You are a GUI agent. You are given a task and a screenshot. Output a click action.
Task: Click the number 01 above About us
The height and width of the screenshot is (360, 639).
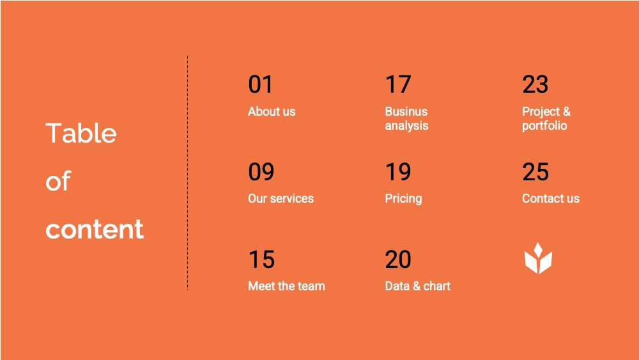pyautogui.click(x=261, y=84)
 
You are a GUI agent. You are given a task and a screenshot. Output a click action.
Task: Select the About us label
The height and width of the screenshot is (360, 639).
pyautogui.click(x=272, y=111)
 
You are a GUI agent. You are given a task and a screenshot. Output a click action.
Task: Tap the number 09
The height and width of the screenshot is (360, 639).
pyautogui.click(x=261, y=171)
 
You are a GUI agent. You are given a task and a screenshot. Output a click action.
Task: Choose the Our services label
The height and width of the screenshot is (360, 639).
pyautogui.click(x=281, y=199)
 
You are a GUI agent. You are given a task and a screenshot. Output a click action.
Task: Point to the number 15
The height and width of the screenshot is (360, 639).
pyautogui.click(x=261, y=260)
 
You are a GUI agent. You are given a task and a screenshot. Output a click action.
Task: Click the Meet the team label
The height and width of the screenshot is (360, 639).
pyautogui.click(x=286, y=286)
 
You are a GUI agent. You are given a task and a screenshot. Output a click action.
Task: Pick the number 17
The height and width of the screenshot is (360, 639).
pyautogui.click(x=398, y=84)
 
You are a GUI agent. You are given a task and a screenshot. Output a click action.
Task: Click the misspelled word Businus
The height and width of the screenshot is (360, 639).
pyautogui.click(x=406, y=111)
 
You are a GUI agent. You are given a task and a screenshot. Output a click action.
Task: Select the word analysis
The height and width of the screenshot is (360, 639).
pyautogui.click(x=406, y=125)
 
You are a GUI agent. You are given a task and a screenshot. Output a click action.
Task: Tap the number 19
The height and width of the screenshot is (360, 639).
pyautogui.click(x=398, y=171)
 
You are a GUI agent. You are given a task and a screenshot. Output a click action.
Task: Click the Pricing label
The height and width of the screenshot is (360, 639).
pyautogui.click(x=403, y=199)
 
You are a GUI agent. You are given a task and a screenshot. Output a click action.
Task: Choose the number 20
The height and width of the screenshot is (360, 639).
pyautogui.click(x=398, y=260)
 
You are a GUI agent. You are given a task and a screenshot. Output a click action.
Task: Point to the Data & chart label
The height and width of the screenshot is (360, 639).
pyautogui.click(x=418, y=286)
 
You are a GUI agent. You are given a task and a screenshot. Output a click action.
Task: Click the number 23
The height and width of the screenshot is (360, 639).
pyautogui.click(x=535, y=84)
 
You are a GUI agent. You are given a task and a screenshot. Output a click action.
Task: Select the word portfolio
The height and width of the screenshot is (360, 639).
pyautogui.click(x=544, y=125)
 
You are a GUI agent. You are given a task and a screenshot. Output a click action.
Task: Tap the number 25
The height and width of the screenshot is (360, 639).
pyautogui.click(x=535, y=171)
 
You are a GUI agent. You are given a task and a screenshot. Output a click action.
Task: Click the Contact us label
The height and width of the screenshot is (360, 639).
pyautogui.click(x=551, y=199)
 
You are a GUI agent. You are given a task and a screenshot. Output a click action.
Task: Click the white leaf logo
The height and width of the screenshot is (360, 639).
pyautogui.click(x=538, y=258)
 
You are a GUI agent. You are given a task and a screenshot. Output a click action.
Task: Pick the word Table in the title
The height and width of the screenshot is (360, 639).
pyautogui.click(x=81, y=133)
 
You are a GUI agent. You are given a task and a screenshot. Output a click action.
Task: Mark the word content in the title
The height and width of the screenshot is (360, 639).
pyautogui.click(x=95, y=229)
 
